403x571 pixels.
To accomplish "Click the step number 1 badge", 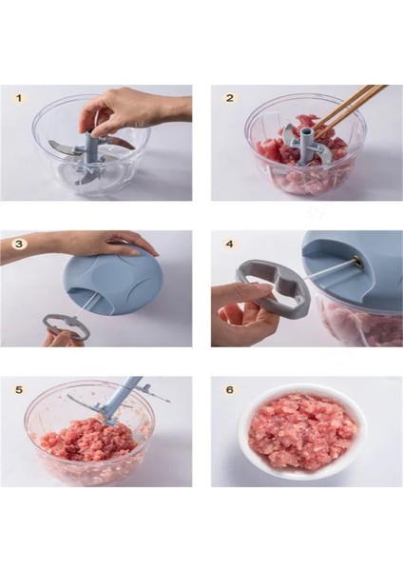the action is coord(19,98).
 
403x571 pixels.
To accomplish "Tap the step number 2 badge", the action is coord(230,98).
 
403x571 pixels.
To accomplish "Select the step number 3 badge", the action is coord(19,244).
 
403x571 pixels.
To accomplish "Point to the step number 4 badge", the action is coord(229,244).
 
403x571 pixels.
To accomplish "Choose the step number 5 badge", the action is coord(19,389).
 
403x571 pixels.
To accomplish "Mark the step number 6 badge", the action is coord(230,389).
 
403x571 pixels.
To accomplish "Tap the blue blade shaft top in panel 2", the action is coord(307,133).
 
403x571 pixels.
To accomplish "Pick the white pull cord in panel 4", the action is coord(329,270).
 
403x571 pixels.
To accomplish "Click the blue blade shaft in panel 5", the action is coord(123,399).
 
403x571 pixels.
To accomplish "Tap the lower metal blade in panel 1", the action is coord(86,179).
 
